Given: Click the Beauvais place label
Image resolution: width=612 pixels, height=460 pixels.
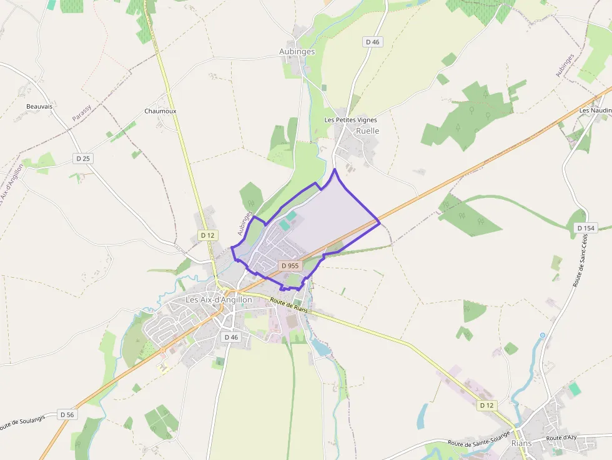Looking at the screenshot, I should click(39, 107).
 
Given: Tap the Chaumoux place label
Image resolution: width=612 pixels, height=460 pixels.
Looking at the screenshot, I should click(160, 111).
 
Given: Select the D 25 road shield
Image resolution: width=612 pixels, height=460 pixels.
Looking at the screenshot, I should click(83, 159).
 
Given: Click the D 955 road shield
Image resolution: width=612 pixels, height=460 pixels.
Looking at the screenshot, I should click(291, 266).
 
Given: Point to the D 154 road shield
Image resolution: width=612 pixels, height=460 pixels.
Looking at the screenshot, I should click(586, 228).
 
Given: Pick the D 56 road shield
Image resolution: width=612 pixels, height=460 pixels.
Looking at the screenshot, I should click(67, 414).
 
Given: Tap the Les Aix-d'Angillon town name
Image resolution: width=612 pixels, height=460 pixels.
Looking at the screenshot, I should click(219, 300).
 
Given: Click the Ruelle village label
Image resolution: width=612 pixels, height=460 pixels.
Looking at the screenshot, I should click(367, 131).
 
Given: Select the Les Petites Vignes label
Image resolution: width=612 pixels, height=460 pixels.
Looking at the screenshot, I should click(350, 120).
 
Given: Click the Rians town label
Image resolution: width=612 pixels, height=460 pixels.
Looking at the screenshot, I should click(521, 443).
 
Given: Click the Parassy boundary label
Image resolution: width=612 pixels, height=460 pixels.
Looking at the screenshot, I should click(81, 113).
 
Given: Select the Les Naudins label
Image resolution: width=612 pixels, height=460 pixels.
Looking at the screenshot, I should click(595, 110).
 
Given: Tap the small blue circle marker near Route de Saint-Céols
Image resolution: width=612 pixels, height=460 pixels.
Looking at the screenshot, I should click(543, 335).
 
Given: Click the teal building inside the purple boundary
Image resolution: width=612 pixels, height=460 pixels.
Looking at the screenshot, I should click(292, 215).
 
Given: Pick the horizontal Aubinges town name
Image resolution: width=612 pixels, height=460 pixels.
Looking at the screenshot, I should click(297, 51).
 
